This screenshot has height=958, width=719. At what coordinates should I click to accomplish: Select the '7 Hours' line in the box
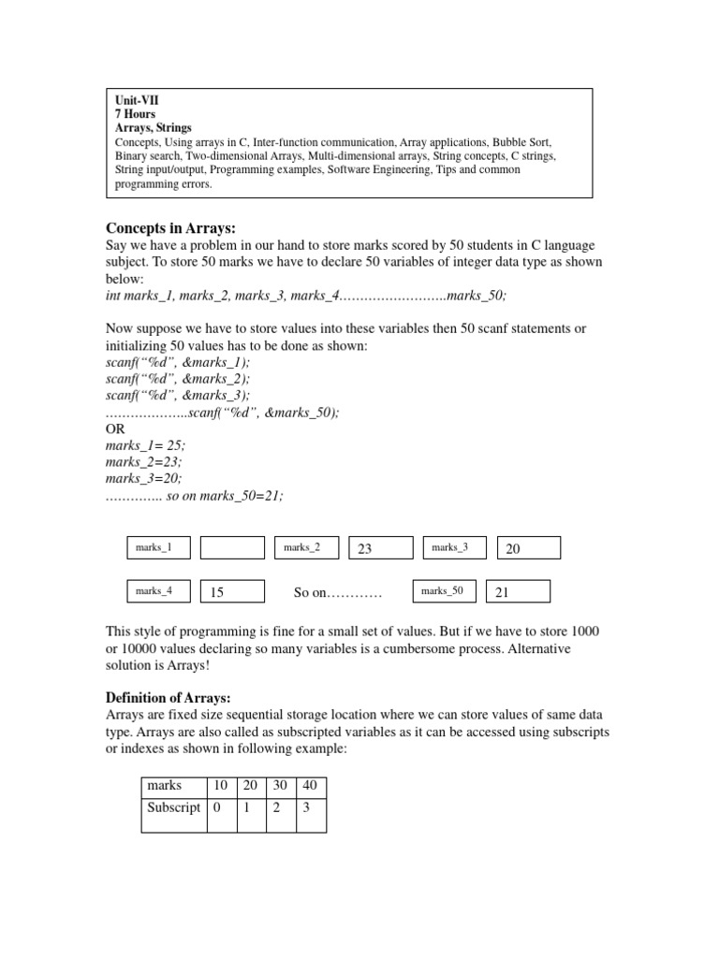pos(135,112)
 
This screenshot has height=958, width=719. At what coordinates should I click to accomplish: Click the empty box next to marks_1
pos(232,547)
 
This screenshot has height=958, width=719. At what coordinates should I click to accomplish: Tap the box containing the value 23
pos(381,548)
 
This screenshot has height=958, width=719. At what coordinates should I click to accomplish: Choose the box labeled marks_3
pos(455,547)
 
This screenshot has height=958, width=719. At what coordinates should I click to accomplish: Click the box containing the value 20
pos(528,548)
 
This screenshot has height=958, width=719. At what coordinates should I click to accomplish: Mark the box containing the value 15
pos(232,591)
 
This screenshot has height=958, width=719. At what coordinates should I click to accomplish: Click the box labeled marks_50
pos(444,590)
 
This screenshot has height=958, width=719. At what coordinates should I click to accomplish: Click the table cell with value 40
pos(311,786)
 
